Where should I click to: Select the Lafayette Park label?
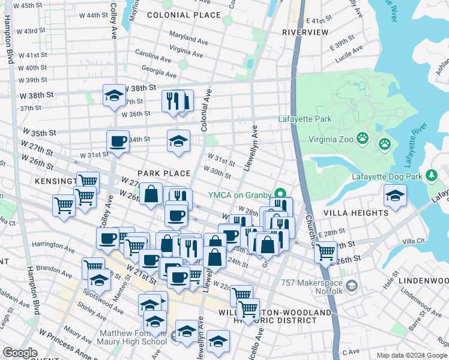[x=305, y=119]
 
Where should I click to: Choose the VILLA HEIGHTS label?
[x=356, y=213]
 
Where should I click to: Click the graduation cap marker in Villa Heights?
[x=395, y=195]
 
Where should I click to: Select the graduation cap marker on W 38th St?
[x=113, y=95]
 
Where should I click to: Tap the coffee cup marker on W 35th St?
[x=118, y=142]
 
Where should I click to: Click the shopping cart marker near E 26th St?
[x=325, y=251]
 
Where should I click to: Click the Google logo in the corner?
[x=20, y=353]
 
